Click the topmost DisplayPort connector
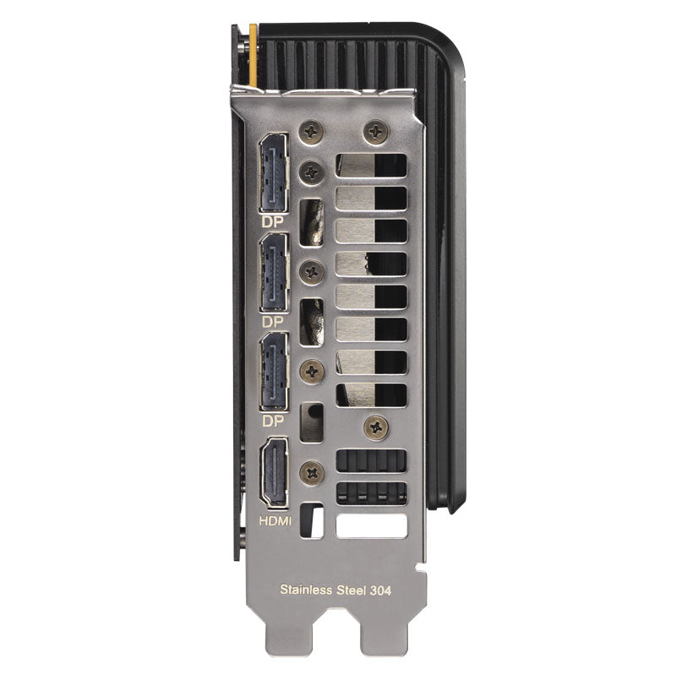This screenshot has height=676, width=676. [273, 173]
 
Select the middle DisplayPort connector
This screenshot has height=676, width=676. [273, 272]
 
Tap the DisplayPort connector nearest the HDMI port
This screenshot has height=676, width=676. [273, 372]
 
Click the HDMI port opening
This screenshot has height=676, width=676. [274, 472]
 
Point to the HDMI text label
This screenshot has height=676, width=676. [275, 521]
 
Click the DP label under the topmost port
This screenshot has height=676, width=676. [273, 221]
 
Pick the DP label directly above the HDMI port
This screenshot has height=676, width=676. [273, 421]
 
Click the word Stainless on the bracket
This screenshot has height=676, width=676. [307, 589]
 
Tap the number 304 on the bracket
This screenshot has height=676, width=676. [380, 590]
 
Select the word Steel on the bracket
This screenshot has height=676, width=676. [351, 589]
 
